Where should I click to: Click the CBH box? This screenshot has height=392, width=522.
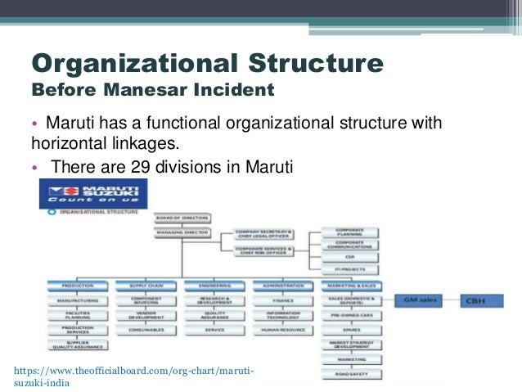488,300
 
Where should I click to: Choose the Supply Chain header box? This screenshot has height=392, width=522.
145,286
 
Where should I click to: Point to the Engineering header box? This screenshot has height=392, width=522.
214,286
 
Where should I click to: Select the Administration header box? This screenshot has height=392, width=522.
283,286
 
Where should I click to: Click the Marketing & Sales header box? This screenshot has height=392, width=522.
352,286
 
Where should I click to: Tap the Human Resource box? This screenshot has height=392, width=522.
283,330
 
